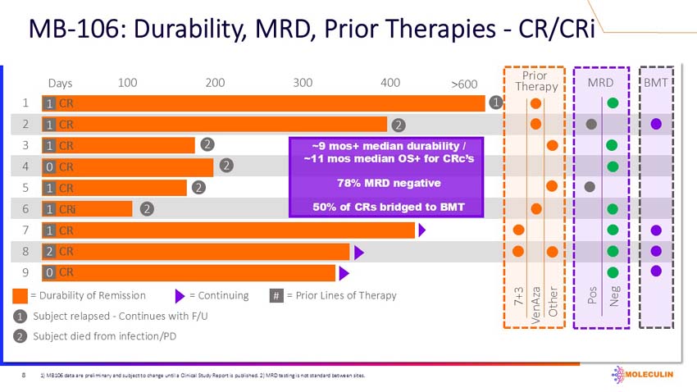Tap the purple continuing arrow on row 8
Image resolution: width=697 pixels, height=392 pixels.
click(x=358, y=250)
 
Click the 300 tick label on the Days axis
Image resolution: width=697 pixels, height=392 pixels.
click(x=303, y=83)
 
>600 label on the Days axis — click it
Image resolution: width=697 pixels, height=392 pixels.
click(x=464, y=84)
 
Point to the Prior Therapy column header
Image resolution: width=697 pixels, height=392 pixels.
click(x=536, y=80)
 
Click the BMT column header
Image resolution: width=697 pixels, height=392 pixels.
click(x=655, y=82)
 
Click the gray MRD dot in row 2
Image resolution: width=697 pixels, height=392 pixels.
click(x=590, y=125)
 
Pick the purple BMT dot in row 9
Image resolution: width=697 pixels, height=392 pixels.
click(x=655, y=271)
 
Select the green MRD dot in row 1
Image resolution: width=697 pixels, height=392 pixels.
click(x=612, y=103)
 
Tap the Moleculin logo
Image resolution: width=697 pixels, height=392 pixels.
click(x=648, y=376)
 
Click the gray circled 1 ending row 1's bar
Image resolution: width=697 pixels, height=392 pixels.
click(x=495, y=103)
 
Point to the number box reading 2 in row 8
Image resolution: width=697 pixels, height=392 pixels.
click(x=50, y=251)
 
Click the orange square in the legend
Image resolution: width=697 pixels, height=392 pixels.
click(x=20, y=295)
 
